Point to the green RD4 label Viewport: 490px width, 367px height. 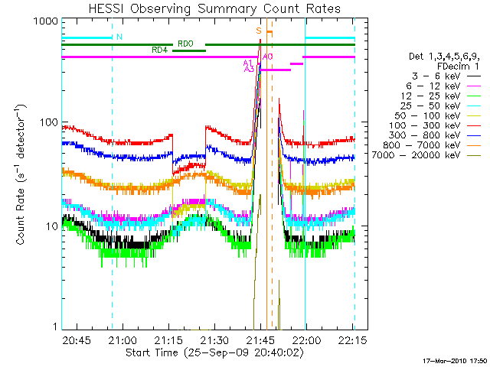tap(159, 50)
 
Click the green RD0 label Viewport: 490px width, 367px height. tap(185, 44)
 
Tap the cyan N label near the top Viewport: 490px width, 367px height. tap(119, 36)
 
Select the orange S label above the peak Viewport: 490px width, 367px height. tap(259, 31)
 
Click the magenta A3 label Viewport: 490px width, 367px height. tap(249, 69)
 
